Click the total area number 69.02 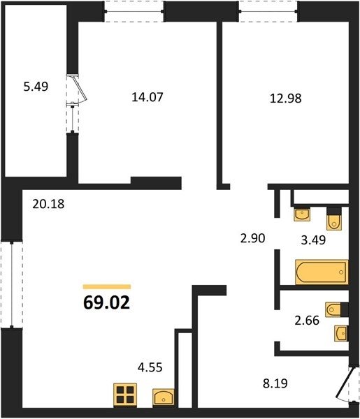(106, 302)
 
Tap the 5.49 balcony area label (36, 87)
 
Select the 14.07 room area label (147, 97)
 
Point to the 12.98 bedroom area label (286, 98)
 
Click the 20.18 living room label (48, 204)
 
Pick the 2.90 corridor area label (253, 238)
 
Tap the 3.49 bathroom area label (313, 240)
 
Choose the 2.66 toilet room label (307, 321)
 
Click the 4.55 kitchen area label (150, 367)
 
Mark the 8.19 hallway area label (275, 383)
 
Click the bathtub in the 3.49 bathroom (322, 272)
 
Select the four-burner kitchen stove (125, 395)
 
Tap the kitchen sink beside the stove (164, 397)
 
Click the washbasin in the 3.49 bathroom (302, 214)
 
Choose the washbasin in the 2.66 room (342, 333)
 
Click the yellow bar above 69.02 (107, 287)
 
